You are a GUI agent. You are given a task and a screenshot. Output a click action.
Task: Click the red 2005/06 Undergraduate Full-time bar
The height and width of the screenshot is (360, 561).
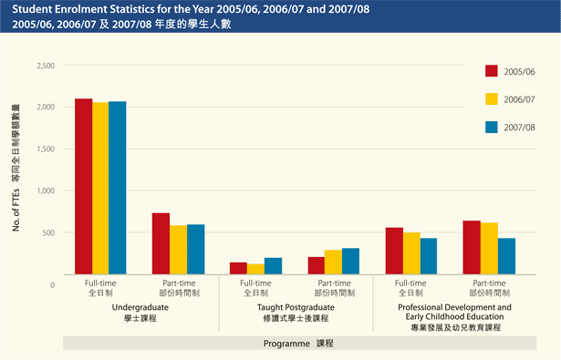(84, 186)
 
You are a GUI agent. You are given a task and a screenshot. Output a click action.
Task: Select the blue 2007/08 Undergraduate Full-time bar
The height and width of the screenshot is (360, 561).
(118, 188)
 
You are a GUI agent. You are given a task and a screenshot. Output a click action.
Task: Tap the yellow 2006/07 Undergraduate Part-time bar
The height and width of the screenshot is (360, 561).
(178, 250)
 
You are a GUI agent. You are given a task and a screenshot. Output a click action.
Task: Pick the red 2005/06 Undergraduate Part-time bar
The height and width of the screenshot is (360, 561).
(161, 243)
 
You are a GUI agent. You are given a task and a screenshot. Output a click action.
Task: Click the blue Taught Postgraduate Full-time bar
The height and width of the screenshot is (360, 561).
(274, 266)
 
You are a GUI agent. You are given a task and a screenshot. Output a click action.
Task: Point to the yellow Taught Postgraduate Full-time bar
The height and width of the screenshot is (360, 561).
(255, 269)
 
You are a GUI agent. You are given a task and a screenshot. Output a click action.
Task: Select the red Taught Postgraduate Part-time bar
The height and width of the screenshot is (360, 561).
(317, 265)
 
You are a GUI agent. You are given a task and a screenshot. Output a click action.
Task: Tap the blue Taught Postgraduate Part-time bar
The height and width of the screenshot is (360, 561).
(350, 261)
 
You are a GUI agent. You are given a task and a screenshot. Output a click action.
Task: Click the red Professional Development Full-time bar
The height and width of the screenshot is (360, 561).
(394, 251)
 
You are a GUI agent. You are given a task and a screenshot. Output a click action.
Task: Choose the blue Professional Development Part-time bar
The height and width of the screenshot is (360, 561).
(506, 256)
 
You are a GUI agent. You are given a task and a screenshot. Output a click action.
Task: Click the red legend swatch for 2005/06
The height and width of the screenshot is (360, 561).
(492, 71)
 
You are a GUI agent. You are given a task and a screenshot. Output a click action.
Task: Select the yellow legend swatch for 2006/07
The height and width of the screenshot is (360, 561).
(492, 99)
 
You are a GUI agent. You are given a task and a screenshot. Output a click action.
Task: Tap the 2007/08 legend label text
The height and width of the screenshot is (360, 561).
(520, 128)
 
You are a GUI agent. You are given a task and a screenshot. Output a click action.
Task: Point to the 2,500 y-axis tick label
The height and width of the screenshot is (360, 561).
(46, 66)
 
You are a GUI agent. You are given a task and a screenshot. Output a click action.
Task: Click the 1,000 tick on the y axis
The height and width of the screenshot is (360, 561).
(46, 190)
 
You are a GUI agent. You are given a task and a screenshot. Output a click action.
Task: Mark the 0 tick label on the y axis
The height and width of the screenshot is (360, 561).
(53, 285)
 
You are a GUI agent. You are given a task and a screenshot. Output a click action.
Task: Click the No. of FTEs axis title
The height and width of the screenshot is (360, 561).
(16, 210)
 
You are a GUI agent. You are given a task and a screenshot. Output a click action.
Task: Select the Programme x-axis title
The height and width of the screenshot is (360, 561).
(286, 344)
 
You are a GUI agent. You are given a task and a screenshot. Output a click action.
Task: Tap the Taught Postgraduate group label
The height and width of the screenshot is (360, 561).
(296, 307)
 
